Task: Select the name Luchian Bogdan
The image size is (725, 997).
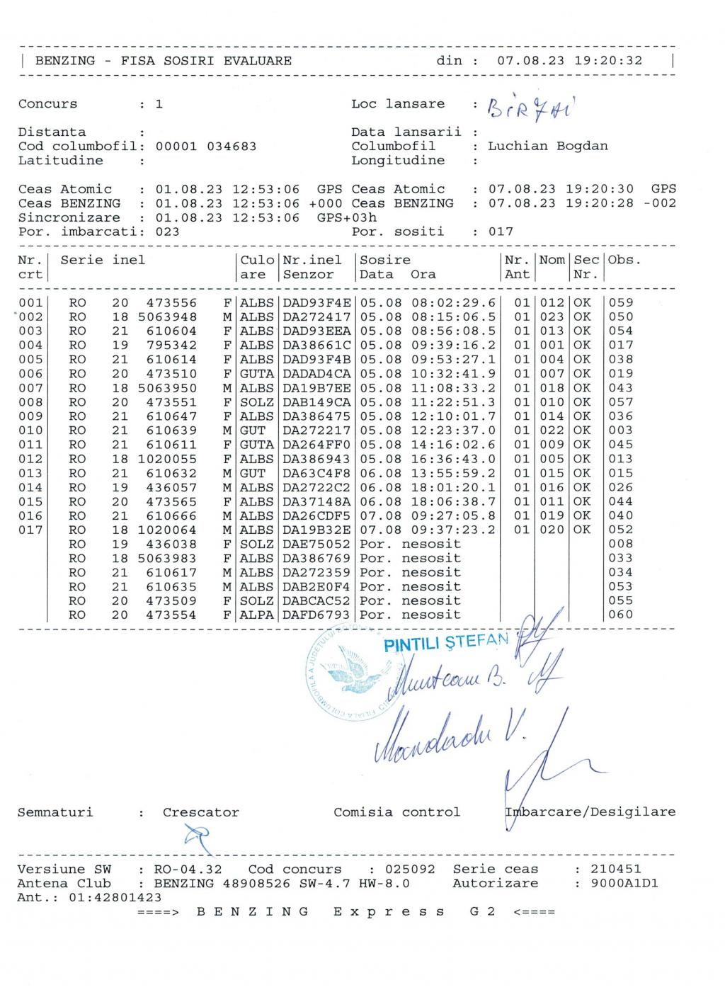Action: pyautogui.click(x=547, y=147)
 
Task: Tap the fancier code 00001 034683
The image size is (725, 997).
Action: pyautogui.click(x=206, y=147)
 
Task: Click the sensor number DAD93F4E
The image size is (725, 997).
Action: pyautogui.click(x=316, y=303)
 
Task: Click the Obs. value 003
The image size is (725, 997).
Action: pyautogui.click(x=621, y=431)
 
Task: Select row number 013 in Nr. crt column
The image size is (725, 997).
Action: pyautogui.click(x=30, y=473)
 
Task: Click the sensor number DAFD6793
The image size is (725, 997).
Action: pyautogui.click(x=316, y=615)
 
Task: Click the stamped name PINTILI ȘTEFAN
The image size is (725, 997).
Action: pyautogui.click(x=446, y=643)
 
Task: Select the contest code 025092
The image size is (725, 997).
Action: pyautogui.click(x=410, y=870)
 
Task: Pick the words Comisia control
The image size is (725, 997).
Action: pyautogui.click(x=396, y=813)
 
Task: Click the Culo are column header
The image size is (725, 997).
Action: pyautogui.click(x=257, y=268)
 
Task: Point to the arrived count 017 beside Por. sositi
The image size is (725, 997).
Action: pyautogui.click(x=501, y=232)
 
